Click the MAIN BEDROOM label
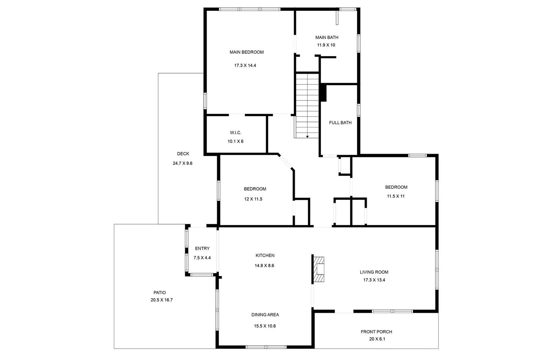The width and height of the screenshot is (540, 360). [x=247, y=52]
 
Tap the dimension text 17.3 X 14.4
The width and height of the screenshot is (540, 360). [x=245, y=65]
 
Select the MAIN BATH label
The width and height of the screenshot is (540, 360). [x=327, y=37]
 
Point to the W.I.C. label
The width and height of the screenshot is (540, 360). [x=235, y=133]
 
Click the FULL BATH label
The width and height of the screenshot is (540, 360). [x=340, y=123]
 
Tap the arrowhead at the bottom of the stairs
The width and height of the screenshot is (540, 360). [x=307, y=137]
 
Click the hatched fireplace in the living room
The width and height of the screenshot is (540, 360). [x=319, y=269]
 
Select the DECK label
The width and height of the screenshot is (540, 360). [x=183, y=154]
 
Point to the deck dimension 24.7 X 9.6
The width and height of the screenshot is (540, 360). [x=183, y=163]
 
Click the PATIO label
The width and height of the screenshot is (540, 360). [x=160, y=292]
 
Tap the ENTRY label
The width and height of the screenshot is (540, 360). [x=202, y=248]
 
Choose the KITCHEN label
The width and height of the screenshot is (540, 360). [x=265, y=255]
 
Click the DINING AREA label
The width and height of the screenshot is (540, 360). [x=265, y=315]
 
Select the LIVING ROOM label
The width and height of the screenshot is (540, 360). [x=374, y=272]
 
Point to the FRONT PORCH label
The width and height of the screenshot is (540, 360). [x=376, y=332]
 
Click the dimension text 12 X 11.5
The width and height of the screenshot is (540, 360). [x=253, y=199]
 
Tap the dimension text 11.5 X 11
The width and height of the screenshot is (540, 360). [x=396, y=196]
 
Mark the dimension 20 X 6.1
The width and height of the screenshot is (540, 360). [x=377, y=339]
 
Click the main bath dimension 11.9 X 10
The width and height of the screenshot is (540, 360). [x=326, y=45]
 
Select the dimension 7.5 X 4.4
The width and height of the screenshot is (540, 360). [x=202, y=258]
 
